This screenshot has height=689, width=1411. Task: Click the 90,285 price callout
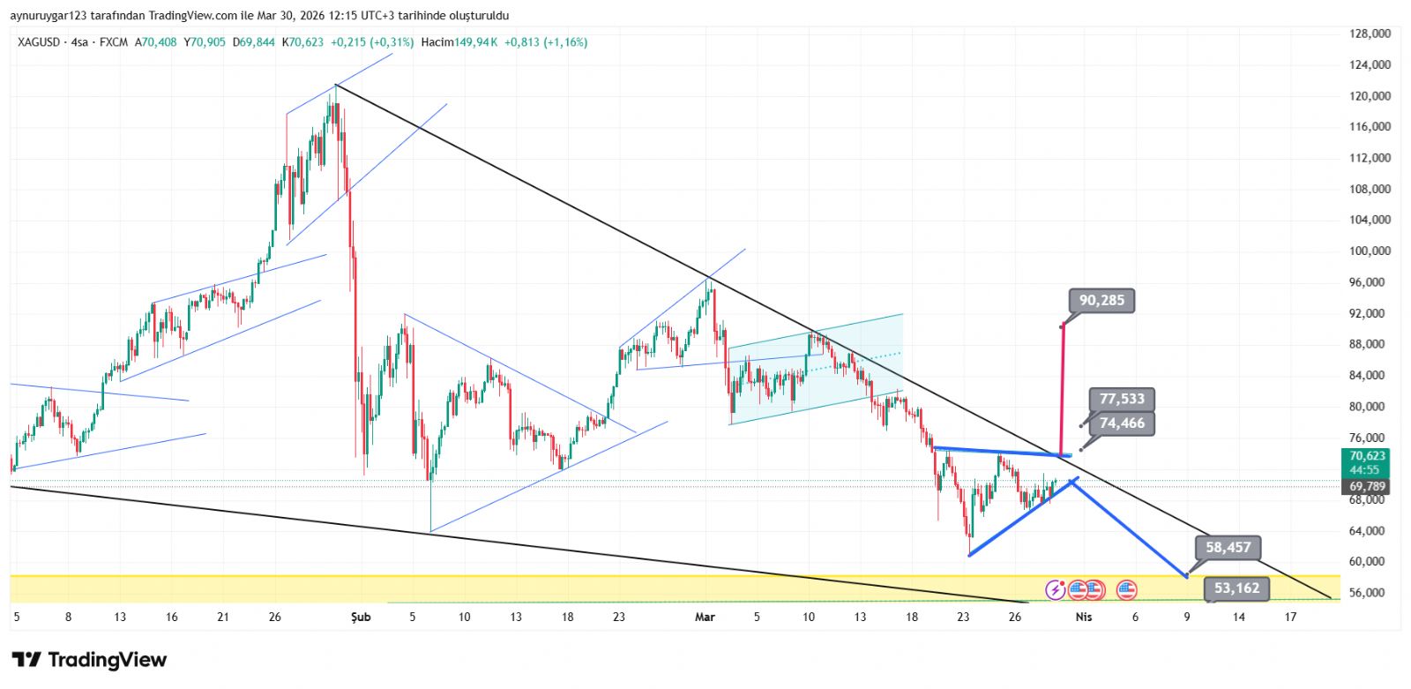[x=1101, y=301]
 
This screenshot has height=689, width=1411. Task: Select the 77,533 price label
[x=1122, y=400]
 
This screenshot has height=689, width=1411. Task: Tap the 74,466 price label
[x=1122, y=423]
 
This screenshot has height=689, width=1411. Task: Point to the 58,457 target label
[x=1228, y=548]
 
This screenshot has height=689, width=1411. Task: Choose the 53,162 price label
[x=1236, y=588]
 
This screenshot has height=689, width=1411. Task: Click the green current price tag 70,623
[x=1366, y=456]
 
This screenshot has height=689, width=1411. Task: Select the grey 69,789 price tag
[x=1367, y=487]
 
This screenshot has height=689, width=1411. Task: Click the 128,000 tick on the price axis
[x=1370, y=34]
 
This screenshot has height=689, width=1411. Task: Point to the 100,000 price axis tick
[x=1370, y=251]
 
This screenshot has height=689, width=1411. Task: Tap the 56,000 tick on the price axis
[x=1370, y=593]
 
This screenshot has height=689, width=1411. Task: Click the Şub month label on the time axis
[x=361, y=618]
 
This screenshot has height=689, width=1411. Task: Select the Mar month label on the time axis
[x=705, y=618]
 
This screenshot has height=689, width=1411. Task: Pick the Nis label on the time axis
[x=1084, y=618]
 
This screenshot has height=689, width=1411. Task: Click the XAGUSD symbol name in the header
[x=39, y=42]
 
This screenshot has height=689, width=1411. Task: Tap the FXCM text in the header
[x=114, y=42]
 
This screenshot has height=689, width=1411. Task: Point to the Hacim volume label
[x=437, y=42]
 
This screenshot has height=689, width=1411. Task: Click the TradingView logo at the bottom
[x=89, y=660]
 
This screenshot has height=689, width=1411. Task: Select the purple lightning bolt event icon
[x=1056, y=590]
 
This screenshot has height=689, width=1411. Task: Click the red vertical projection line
[x=1061, y=388]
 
